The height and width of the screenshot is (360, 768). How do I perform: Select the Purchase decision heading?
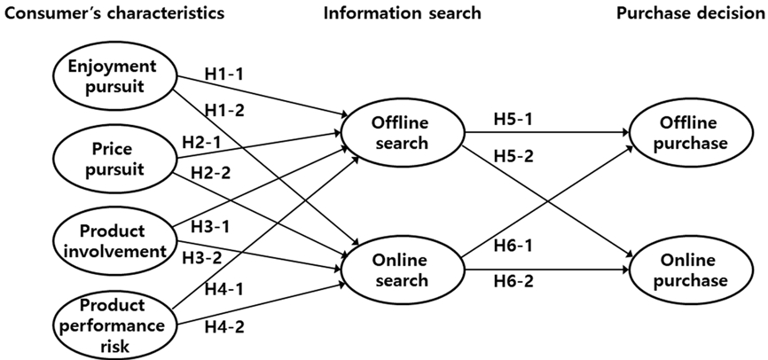coord(688,13)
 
